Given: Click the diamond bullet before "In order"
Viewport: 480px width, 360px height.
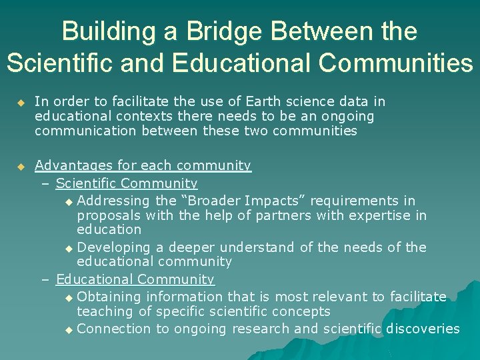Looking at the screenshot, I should (21, 103).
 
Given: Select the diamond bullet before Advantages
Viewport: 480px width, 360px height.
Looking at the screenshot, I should (21, 166).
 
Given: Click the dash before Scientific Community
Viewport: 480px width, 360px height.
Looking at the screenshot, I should (46, 183).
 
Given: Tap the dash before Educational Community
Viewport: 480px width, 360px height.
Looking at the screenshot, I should (46, 280).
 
